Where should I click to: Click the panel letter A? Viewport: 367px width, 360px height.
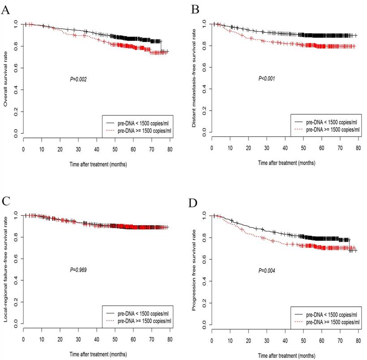click(6, 10)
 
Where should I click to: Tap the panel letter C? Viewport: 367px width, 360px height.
click(6, 200)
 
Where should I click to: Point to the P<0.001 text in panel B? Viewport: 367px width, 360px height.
click(266, 78)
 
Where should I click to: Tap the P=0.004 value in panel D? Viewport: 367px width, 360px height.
click(266, 270)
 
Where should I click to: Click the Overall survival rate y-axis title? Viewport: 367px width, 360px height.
click(6, 78)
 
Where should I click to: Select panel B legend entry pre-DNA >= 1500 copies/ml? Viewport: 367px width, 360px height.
click(329, 129)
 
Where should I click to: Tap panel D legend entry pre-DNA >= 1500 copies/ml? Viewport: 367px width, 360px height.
click(329, 321)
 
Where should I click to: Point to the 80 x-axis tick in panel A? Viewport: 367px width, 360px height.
click(170, 151)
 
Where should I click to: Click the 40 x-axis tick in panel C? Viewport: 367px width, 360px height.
click(97, 342)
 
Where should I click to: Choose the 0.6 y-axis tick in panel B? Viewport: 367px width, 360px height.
click(204, 67)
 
